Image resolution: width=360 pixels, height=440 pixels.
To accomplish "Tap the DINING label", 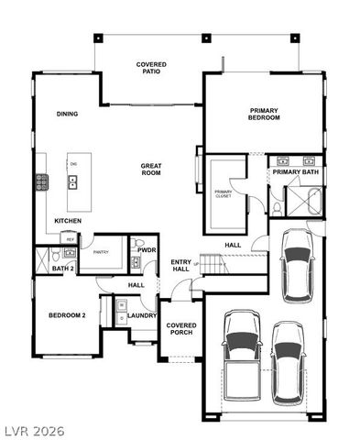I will (x=67, y=115).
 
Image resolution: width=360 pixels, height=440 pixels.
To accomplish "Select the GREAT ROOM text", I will (x=151, y=169).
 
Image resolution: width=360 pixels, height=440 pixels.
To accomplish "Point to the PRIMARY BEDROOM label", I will (x=264, y=114).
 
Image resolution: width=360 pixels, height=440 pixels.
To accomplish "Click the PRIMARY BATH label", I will (x=295, y=171).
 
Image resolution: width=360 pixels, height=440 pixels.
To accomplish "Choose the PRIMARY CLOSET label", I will (x=224, y=192).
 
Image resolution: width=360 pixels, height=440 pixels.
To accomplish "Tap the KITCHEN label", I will (x=69, y=221).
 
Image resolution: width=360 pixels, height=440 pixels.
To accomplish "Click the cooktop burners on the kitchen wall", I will (x=41, y=181).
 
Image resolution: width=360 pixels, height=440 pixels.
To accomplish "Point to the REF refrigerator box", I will (x=71, y=239).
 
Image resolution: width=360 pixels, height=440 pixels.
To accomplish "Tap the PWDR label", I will (x=145, y=248).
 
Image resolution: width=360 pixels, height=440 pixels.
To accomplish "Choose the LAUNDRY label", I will (x=142, y=315).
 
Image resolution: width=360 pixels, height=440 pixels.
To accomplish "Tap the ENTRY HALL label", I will (x=180, y=267).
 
